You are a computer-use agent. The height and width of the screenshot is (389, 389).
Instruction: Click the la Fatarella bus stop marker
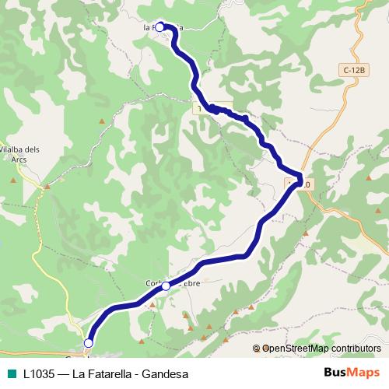[x=160, y=26]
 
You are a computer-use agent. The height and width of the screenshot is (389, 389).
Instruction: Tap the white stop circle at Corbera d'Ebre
[x=166, y=286]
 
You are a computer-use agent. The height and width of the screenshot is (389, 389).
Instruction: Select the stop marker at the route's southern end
[x=89, y=342]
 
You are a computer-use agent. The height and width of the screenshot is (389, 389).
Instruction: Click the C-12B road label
[x=353, y=71]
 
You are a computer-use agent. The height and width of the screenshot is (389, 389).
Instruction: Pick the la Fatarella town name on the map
[x=163, y=27]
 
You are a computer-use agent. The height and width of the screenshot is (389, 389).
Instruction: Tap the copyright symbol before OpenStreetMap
[x=257, y=349]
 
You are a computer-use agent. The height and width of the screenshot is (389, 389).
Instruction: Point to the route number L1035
[x=39, y=373]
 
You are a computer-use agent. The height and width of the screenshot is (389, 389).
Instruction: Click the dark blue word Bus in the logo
[x=335, y=373]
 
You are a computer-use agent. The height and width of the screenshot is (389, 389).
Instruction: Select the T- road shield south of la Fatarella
[x=204, y=110]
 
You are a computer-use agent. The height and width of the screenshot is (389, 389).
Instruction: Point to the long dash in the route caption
[x=64, y=373]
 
